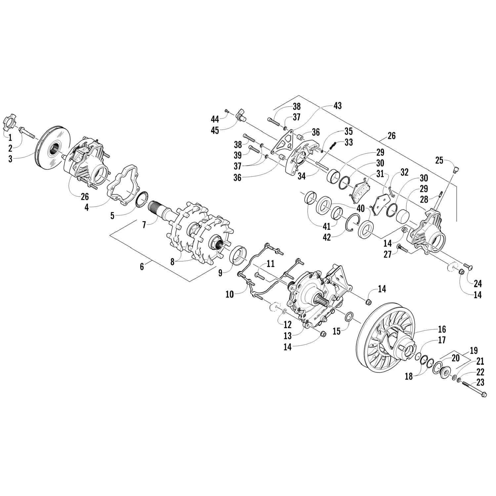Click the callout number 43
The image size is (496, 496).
pos(338,106)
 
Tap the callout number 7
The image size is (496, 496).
pos(144,225)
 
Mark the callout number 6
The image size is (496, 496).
pos(142,266)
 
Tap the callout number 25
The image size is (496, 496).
pos(439,160)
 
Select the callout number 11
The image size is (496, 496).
pos(271,264)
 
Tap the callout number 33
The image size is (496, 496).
pos(348,142)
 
